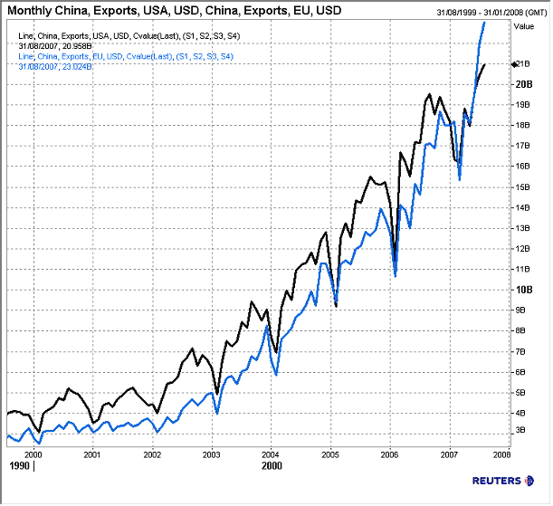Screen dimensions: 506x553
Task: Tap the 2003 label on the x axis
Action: coord(212,454)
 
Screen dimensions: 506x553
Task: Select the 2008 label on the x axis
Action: coord(502,454)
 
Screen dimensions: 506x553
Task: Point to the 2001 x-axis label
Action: coord(92,454)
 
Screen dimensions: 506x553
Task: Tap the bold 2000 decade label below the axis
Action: coord(272,466)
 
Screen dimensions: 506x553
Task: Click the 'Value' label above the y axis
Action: coord(523,27)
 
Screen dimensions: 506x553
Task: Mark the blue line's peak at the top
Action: coord(485,22)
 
